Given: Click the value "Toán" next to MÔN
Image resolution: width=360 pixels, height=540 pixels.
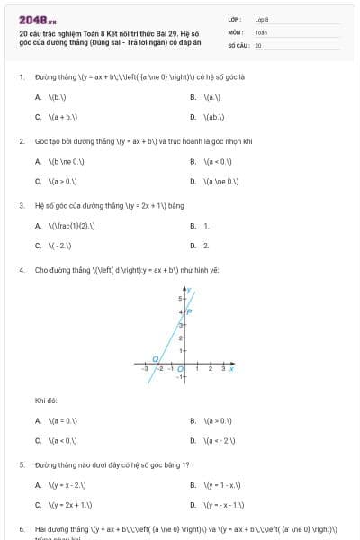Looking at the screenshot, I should tap(260, 31).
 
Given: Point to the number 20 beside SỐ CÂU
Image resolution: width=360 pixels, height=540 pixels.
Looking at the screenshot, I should tap(257, 44).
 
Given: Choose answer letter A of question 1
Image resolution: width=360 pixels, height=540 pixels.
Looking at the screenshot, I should tap(38, 96).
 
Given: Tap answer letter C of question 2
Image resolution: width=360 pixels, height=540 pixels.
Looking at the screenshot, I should tap(38, 182).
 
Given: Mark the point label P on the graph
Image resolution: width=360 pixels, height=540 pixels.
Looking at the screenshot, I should tap(189, 311).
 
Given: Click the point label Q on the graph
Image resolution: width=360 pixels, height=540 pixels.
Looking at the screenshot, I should tap(154, 357).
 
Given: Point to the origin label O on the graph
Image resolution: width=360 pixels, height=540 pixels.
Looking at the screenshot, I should tap(180, 368).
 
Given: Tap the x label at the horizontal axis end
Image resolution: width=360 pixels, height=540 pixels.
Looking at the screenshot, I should tap(232, 368).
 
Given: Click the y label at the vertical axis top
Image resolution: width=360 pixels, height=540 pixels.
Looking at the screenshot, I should tap(190, 291).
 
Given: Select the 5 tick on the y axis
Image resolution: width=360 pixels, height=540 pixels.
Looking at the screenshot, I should tap(179, 298).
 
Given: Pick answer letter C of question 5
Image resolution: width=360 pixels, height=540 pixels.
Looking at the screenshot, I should tap(38, 505).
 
